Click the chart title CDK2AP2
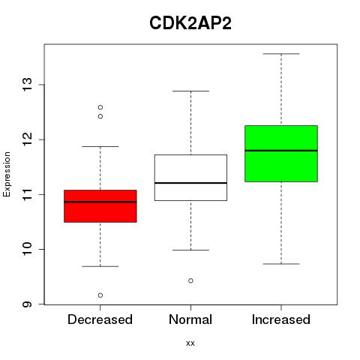tap(190, 23)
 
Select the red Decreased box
tap(100, 206)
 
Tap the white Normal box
tap(190, 178)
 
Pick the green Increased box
tap(281, 154)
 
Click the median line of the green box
tap(281, 151)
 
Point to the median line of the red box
tap(100, 202)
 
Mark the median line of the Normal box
tap(190, 183)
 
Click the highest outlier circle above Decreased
tap(100, 107)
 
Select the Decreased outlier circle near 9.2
tap(100, 295)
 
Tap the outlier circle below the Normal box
tap(190, 280)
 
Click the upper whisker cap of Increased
tap(281, 54)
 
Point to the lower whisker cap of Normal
tap(190, 250)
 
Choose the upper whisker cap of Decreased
tap(100, 146)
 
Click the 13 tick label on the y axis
tap(27, 85)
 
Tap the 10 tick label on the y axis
tap(27, 249)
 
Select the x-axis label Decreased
tap(100, 319)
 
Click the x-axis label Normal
tap(190, 319)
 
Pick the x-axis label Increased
tap(281, 319)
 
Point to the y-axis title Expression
tap(7, 174)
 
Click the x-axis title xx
tap(190, 343)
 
